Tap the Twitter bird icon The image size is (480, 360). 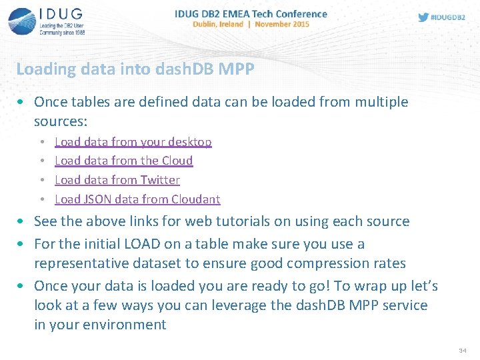click(x=423, y=17)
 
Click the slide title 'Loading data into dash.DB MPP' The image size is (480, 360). click(x=135, y=69)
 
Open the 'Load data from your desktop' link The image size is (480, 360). click(x=133, y=142)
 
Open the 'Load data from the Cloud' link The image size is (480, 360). click(x=123, y=161)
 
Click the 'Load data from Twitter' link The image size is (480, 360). click(x=117, y=180)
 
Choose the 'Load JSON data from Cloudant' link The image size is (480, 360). click(x=137, y=199)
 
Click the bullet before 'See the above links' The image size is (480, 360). click(x=22, y=221)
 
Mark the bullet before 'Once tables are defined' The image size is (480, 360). click(x=22, y=102)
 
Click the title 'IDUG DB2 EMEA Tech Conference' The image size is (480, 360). click(x=251, y=13)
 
